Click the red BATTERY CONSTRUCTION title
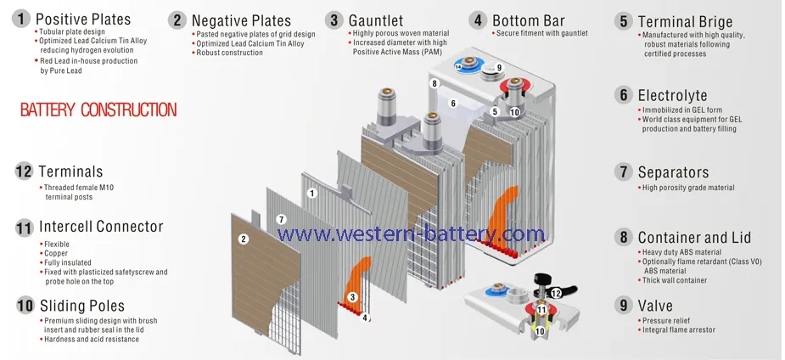98,110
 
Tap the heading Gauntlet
375,20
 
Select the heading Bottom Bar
529,20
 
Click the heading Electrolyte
672,95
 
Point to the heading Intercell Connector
101,227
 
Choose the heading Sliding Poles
82,306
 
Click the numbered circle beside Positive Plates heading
21,20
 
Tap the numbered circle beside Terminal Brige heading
623,21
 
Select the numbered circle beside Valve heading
623,305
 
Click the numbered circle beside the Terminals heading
24,172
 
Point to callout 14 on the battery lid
458,66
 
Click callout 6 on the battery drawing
453,104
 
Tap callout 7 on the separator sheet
282,219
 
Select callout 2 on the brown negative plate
244,239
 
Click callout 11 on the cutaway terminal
541,310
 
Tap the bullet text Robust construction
229,53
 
